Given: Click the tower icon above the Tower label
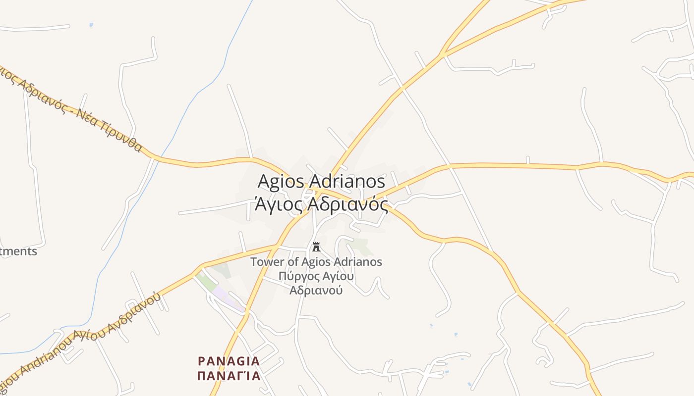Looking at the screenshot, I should pos(316,247).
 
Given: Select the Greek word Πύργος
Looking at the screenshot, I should pos(297,276).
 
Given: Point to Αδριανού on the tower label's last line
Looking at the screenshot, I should pos(316,290).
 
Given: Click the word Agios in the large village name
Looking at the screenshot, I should pos(279,181).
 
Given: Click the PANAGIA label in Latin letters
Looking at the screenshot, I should pos(229,360).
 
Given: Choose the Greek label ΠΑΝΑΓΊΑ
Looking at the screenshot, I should pos(229,376).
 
